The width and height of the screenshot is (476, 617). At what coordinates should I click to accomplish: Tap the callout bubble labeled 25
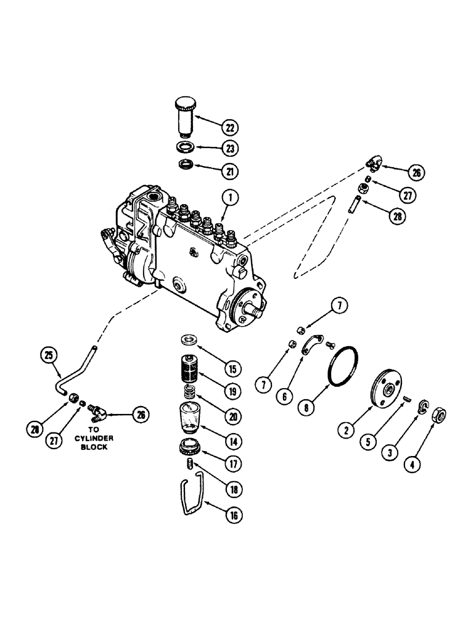point(49,355)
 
